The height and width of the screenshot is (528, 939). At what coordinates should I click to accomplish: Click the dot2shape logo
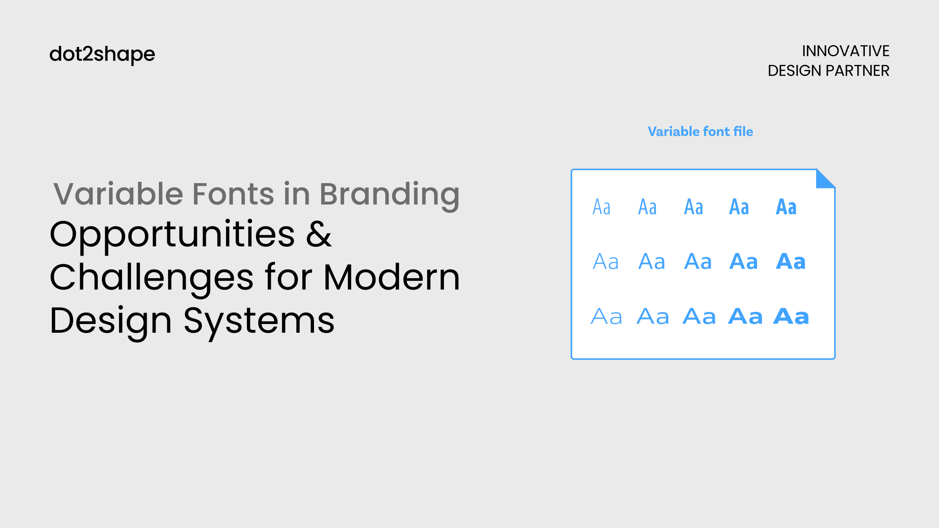tap(102, 54)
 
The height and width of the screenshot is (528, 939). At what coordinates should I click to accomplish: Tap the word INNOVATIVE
tap(845, 51)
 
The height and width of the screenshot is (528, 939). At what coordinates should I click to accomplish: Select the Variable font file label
tap(700, 132)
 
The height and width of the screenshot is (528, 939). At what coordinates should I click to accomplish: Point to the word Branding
tap(389, 194)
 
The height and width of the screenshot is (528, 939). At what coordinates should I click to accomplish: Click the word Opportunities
tap(172, 235)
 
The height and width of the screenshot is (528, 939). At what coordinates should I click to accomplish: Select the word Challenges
tap(151, 278)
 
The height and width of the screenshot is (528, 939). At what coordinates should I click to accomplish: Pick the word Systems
tap(259, 321)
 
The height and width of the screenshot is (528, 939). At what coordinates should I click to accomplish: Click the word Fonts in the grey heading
tap(233, 194)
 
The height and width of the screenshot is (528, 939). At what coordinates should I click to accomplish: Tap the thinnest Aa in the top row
tap(602, 207)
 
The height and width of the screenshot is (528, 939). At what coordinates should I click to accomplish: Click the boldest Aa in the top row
tap(786, 207)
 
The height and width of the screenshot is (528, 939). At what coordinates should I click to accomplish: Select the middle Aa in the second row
tap(698, 262)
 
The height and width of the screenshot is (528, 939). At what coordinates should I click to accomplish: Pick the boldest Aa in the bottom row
tap(791, 316)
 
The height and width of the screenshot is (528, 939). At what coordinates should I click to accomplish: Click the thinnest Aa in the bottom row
tap(606, 316)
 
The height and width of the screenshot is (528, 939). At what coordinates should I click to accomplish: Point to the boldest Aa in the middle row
tap(791, 262)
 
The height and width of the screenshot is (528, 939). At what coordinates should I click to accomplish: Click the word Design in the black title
tap(111, 321)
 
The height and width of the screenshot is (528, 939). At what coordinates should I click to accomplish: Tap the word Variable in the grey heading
tap(118, 194)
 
